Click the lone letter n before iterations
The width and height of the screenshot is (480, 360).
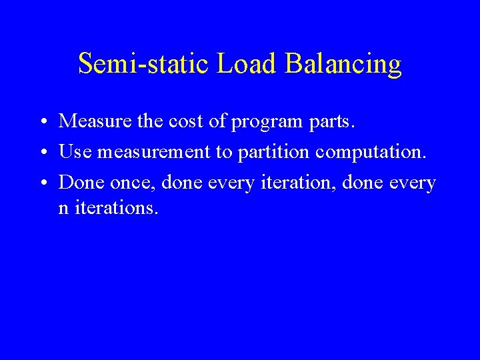tap(63, 208)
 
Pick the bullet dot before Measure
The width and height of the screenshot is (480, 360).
tap(43, 123)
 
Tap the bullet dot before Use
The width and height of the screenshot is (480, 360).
tap(43, 153)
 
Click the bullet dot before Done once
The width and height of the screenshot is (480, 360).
tap(43, 183)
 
